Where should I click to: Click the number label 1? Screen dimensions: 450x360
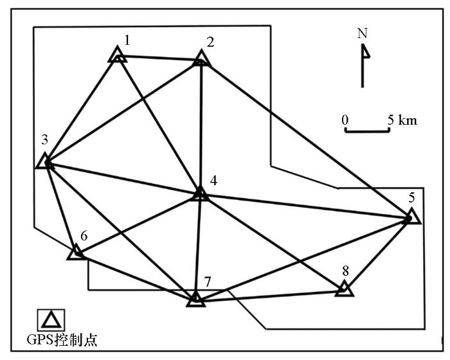pyautogui.click(x=127, y=40)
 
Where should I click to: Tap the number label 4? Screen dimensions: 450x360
pyautogui.click(x=213, y=181)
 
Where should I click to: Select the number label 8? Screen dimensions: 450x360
pyautogui.click(x=346, y=271)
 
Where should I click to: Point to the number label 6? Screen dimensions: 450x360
pyautogui.click(x=84, y=236)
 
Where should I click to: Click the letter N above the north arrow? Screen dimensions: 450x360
pyautogui.click(x=363, y=33)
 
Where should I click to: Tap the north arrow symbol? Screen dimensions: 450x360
pyautogui.click(x=363, y=66)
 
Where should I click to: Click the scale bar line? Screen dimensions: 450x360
pyautogui.click(x=367, y=131)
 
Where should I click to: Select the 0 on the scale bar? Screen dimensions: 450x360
pyautogui.click(x=345, y=120)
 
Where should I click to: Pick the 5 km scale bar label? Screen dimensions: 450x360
pyautogui.click(x=402, y=120)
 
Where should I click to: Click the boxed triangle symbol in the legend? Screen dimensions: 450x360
pyautogui.click(x=51, y=319)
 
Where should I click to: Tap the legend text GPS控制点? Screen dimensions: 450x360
pyautogui.click(x=62, y=340)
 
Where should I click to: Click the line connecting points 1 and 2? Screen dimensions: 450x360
pyautogui.click(x=159, y=58)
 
